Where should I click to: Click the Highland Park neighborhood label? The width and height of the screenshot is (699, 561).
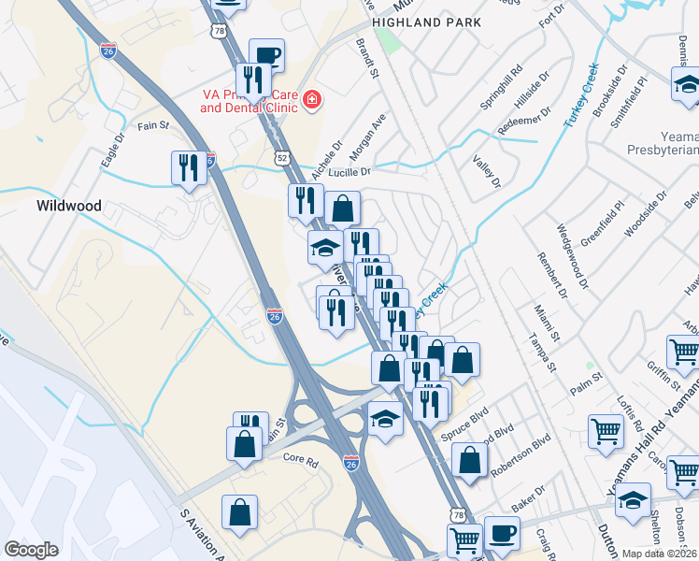[426, 22]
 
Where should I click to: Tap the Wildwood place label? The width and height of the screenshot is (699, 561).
[68, 205]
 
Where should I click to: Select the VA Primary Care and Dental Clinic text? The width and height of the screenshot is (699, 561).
[248, 101]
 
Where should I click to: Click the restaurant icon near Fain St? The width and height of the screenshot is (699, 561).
[189, 168]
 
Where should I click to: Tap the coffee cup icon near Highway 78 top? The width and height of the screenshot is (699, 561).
[266, 55]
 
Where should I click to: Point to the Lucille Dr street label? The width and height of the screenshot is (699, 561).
[349, 172]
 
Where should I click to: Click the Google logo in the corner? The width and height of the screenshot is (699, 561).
[32, 549]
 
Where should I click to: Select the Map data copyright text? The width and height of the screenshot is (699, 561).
[658, 553]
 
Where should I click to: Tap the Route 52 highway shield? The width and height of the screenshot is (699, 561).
[282, 159]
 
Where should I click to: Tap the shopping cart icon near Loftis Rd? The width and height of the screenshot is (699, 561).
[606, 432]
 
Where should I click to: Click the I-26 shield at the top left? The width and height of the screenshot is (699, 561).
[108, 48]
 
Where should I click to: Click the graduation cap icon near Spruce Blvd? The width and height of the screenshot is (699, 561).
[385, 418]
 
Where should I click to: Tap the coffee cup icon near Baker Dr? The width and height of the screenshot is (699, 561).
[502, 533]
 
